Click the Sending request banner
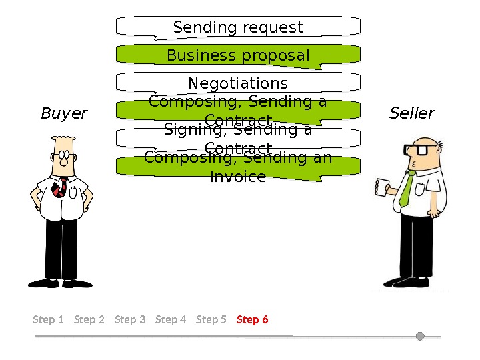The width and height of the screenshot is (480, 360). pyautogui.click(x=238, y=27)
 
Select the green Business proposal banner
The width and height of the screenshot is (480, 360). pyautogui.click(x=238, y=55)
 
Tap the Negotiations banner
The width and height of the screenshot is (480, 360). pyautogui.click(x=238, y=83)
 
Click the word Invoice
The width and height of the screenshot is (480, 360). pyautogui.click(x=238, y=177)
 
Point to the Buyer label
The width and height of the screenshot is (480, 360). pyautogui.click(x=64, y=113)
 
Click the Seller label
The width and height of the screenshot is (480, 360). pyautogui.click(x=412, y=113)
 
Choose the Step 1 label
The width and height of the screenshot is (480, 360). pyautogui.click(x=48, y=319)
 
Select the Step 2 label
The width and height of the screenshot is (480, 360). pyautogui.click(x=89, y=319)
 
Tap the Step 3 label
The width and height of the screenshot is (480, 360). pyautogui.click(x=130, y=319)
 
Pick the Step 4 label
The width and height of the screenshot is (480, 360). pyautogui.click(x=171, y=319)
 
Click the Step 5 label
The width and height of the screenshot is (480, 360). pyautogui.click(x=211, y=319)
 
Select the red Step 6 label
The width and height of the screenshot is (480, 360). pyautogui.click(x=253, y=319)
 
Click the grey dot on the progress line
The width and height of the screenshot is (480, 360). pyautogui.click(x=420, y=336)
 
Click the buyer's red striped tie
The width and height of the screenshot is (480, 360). pyautogui.click(x=61, y=187)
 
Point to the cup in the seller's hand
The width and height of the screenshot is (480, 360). pyautogui.click(x=382, y=187)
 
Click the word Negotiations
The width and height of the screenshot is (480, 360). pyautogui.click(x=238, y=83)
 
